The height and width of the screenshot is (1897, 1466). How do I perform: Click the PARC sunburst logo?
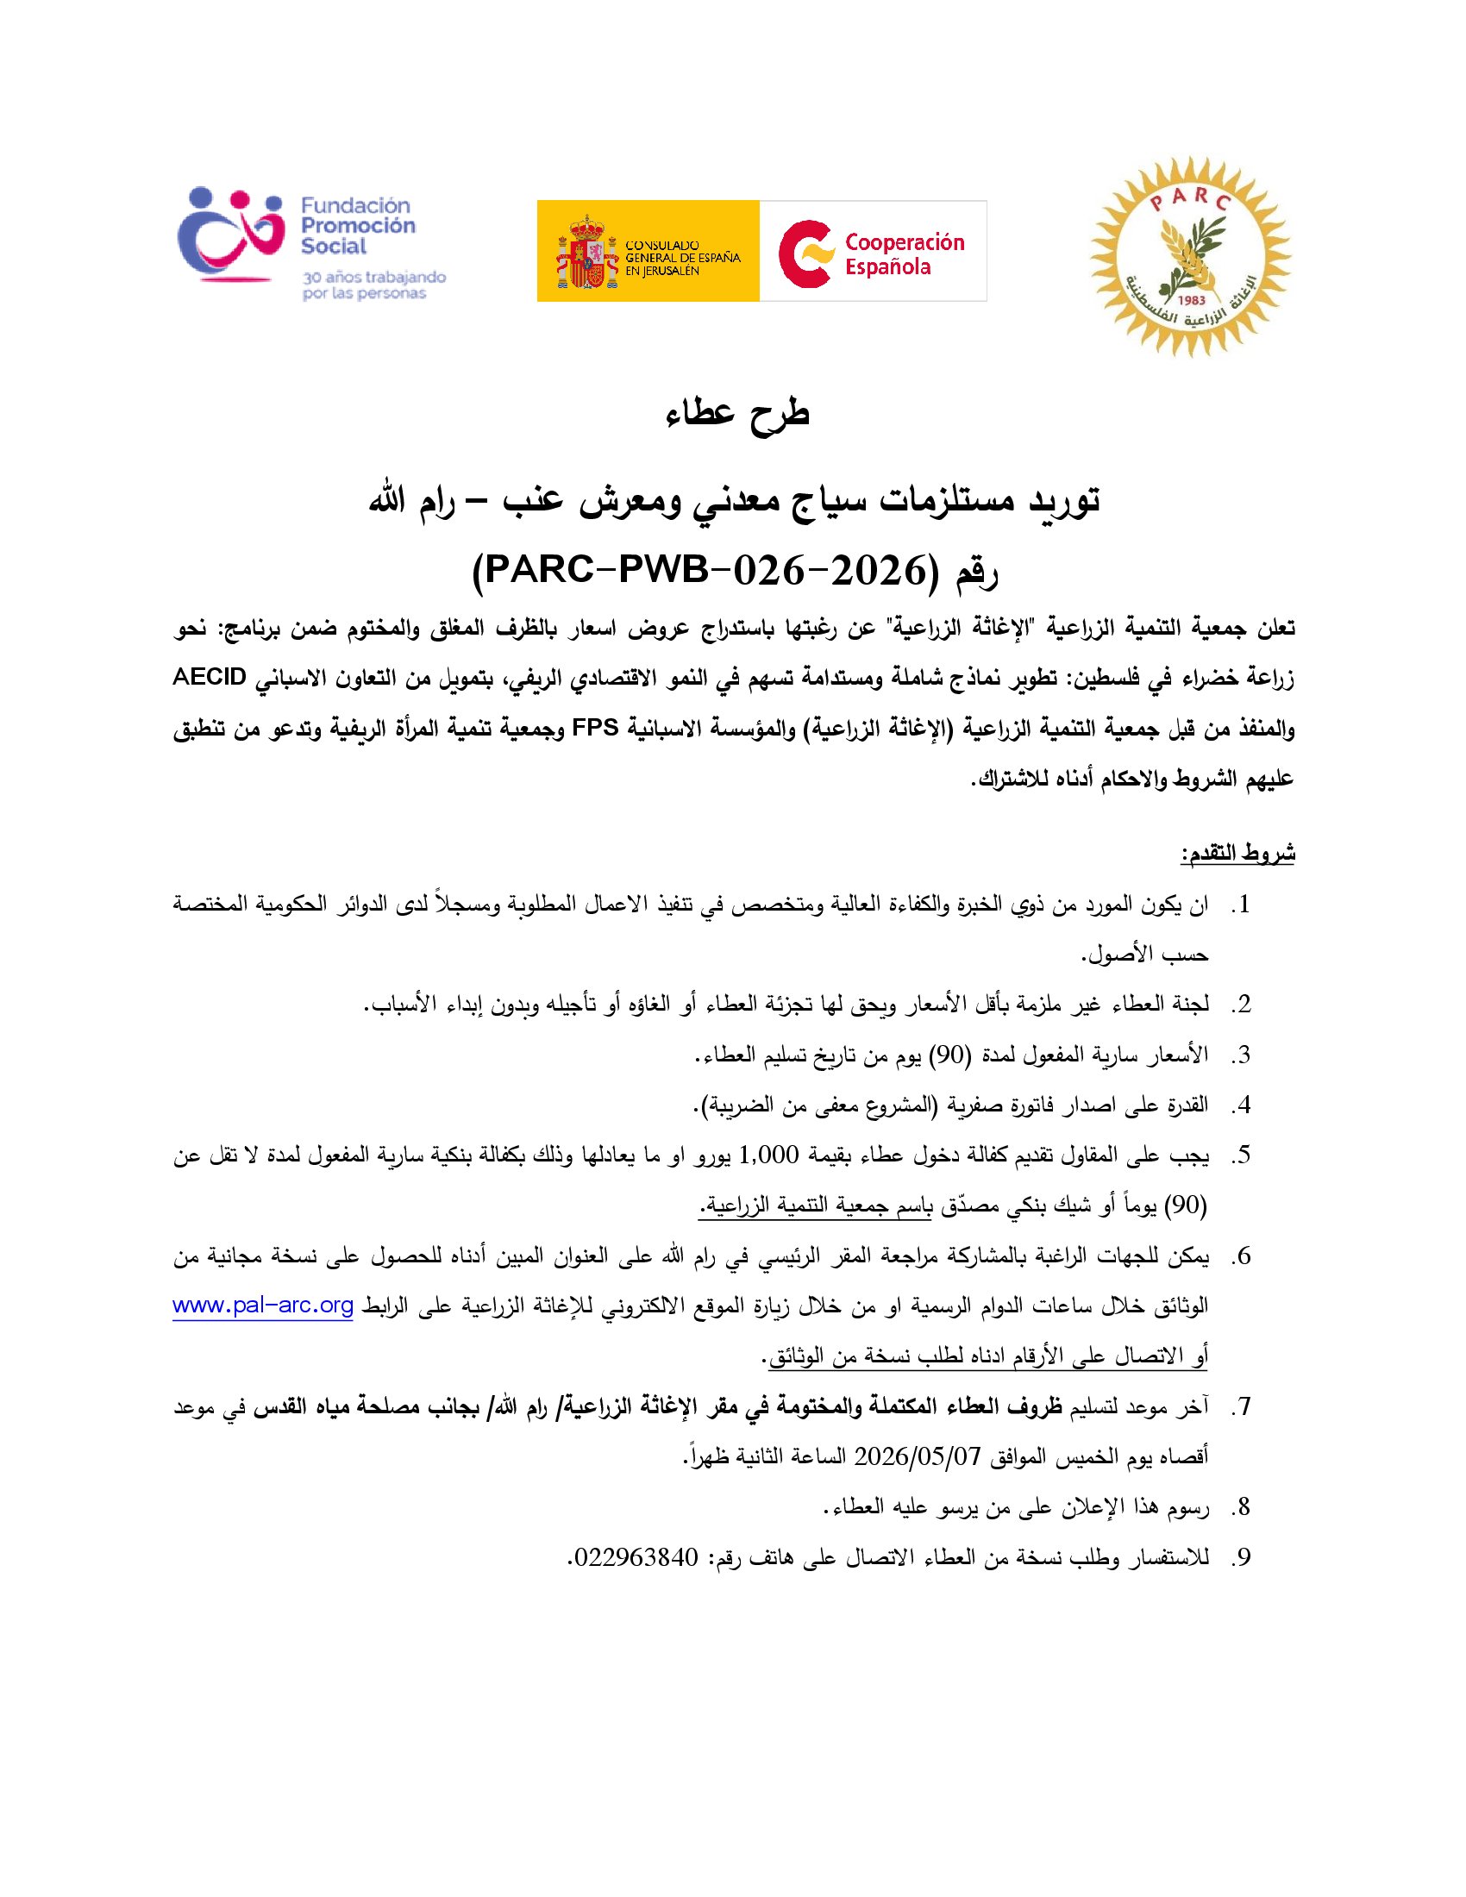click(x=1191, y=256)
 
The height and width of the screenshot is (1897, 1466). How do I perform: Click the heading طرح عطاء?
click(x=737, y=413)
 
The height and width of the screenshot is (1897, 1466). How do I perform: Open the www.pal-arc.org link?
click(x=262, y=1305)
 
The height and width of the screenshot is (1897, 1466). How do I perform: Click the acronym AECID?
click(x=210, y=677)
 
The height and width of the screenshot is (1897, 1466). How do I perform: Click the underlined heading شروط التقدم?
click(x=1237, y=854)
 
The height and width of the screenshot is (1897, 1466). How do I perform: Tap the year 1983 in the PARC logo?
click(x=1192, y=301)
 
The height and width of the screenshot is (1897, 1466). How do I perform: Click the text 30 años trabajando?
click(x=374, y=277)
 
